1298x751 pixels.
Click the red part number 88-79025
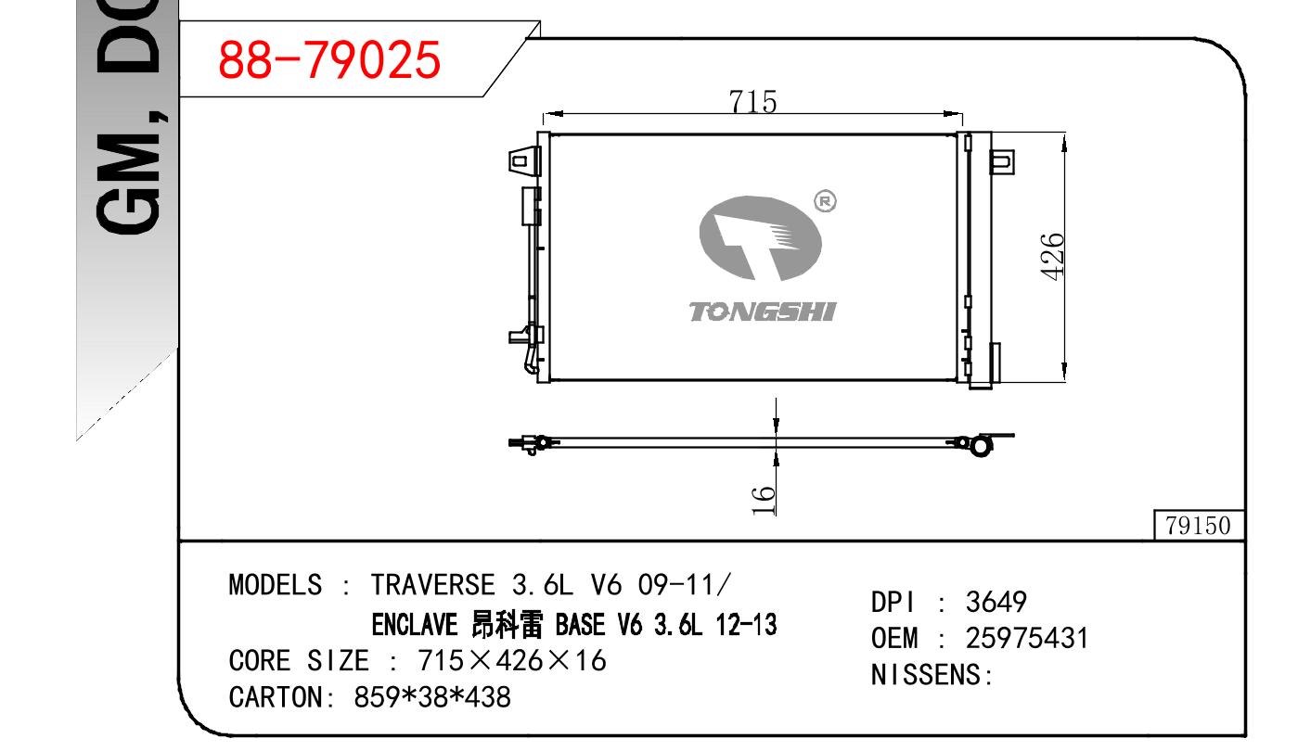click(x=329, y=60)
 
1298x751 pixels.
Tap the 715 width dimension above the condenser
click(x=752, y=102)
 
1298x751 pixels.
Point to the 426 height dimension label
click(x=1052, y=257)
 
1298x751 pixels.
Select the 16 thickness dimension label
click(x=764, y=501)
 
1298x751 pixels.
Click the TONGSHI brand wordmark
click(x=763, y=312)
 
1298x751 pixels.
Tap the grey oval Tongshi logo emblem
click(x=760, y=238)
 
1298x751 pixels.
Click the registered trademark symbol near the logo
click(x=825, y=201)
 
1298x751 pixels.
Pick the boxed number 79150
click(x=1198, y=526)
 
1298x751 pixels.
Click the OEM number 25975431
click(x=1027, y=638)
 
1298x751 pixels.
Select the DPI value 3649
click(x=996, y=602)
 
